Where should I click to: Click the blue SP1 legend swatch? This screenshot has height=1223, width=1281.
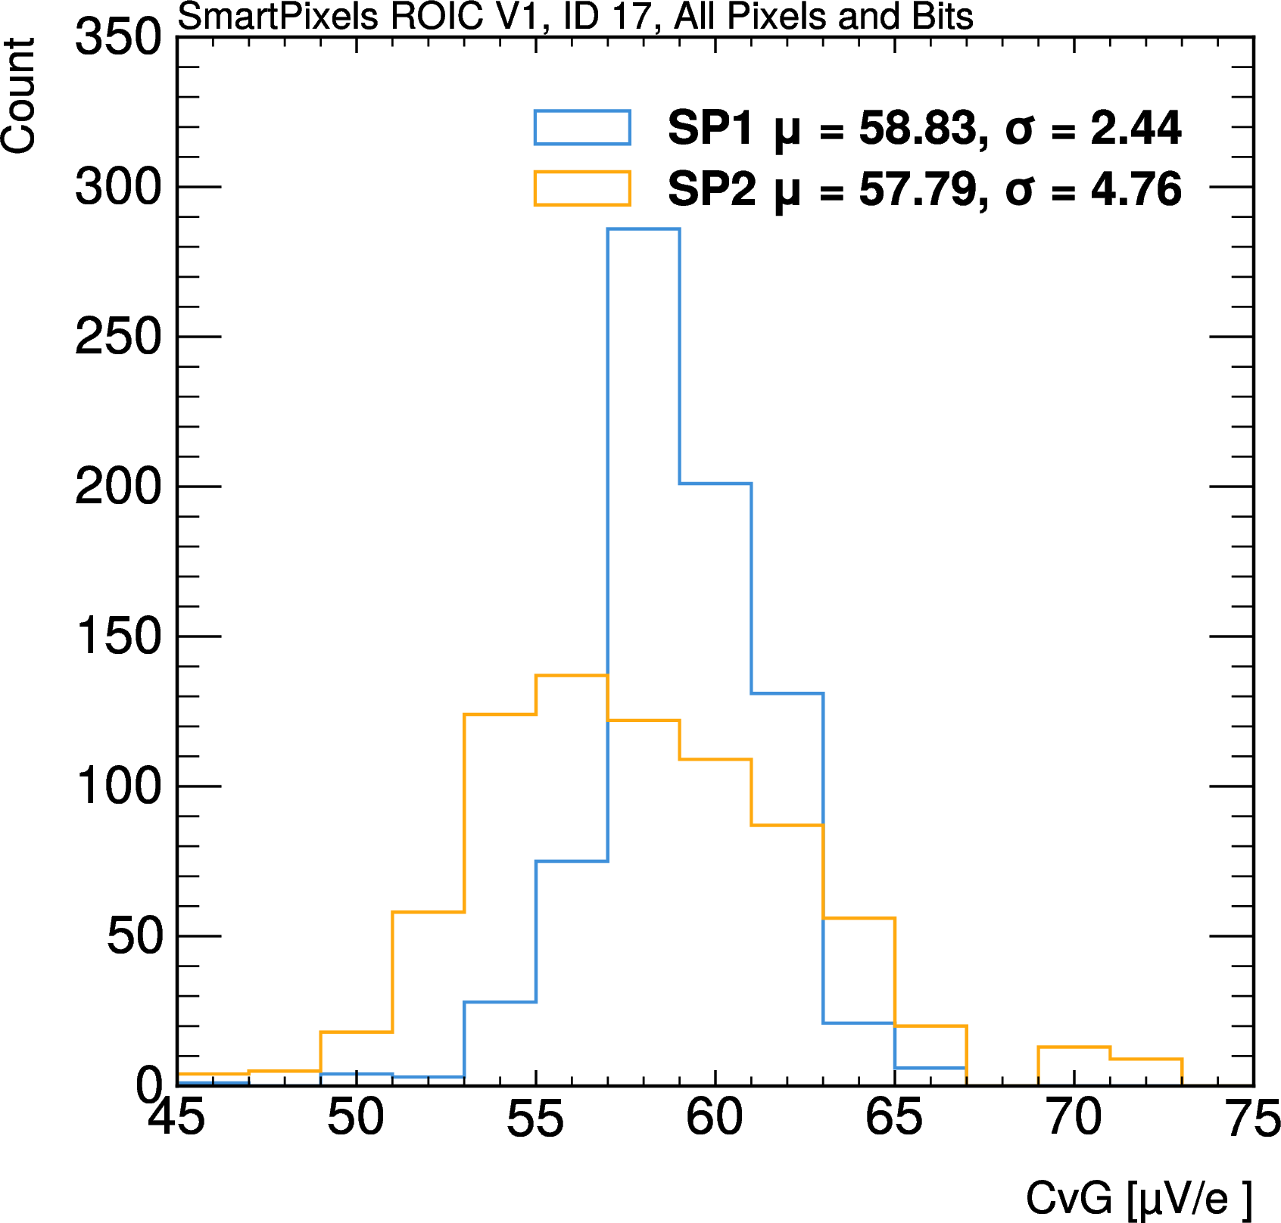(x=582, y=127)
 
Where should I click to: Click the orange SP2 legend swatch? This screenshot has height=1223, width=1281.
(x=582, y=188)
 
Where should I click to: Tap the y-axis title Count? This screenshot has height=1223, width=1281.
(x=18, y=95)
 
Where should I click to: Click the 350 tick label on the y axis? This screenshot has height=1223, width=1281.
(x=118, y=36)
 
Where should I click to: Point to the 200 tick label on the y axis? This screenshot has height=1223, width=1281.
(x=118, y=487)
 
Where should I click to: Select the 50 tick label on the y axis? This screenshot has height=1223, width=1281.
(x=135, y=936)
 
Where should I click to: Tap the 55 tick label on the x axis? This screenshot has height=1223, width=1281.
(x=535, y=1119)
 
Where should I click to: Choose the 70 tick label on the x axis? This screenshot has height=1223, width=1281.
(x=1074, y=1117)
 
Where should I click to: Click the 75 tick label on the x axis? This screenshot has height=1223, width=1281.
(x=1253, y=1119)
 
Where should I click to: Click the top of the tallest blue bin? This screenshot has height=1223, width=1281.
(x=644, y=229)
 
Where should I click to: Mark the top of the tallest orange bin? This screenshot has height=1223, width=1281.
(x=572, y=675)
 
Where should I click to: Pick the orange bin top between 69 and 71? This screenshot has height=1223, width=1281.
(x=1074, y=1047)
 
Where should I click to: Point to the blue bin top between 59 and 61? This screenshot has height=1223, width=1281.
(x=715, y=483)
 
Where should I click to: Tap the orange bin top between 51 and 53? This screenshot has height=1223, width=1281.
(x=428, y=912)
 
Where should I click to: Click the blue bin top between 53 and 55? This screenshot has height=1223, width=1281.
(x=500, y=1002)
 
